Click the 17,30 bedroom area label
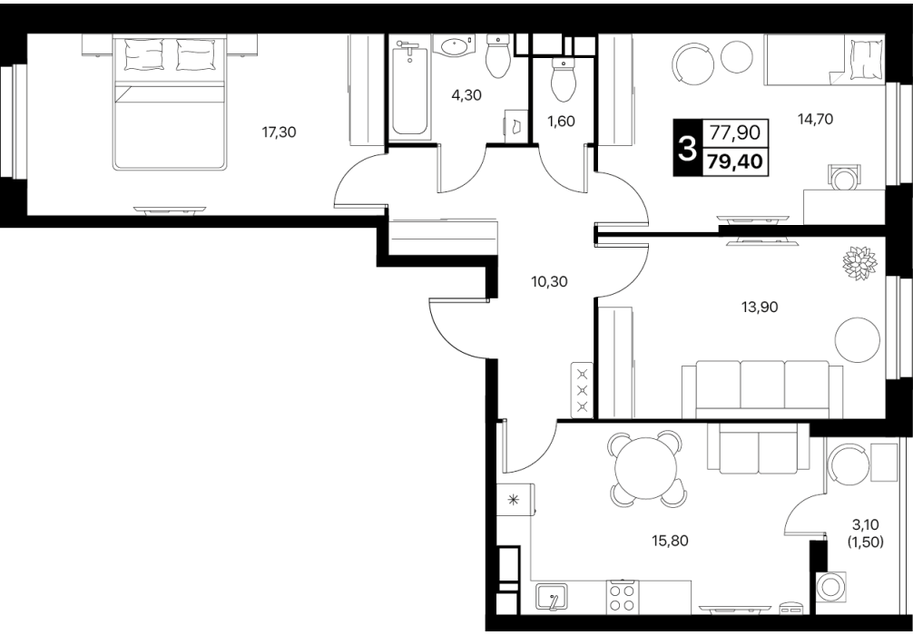(279, 132)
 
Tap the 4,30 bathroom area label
(466, 95)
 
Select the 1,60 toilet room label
(561, 121)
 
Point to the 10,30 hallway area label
(549, 282)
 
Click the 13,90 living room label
(760, 307)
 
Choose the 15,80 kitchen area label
(670, 541)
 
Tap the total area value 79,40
(735, 161)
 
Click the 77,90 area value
(735, 133)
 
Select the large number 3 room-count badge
(688, 148)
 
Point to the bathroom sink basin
(454, 45)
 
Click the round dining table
(647, 467)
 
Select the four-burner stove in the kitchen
(621, 597)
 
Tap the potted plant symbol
(859, 263)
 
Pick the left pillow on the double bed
(143, 54)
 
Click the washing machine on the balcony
(831, 587)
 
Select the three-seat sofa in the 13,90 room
(762, 389)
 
